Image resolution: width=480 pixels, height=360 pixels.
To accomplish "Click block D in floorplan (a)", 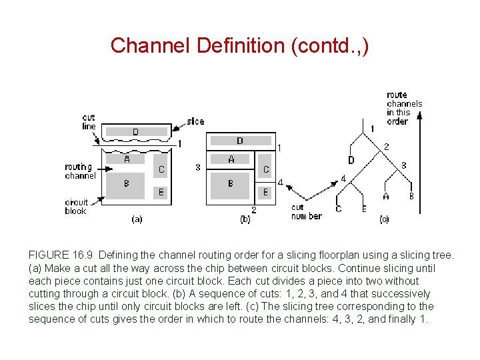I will pyautogui.click(x=135, y=132).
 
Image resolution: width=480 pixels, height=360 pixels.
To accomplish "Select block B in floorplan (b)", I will pyautogui.click(x=230, y=183).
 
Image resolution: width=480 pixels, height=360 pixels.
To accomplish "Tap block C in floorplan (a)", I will pyautogui.click(x=161, y=169).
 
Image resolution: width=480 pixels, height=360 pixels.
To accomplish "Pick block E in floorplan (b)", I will pyautogui.click(x=265, y=192).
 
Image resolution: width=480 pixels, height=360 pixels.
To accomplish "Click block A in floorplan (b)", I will pyautogui.click(x=231, y=159).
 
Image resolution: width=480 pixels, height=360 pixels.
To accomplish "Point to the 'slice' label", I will pyautogui.click(x=195, y=121).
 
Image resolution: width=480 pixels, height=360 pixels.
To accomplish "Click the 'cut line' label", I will pyautogui.click(x=89, y=122).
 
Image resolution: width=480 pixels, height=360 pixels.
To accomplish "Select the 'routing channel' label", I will pyautogui.click(x=80, y=171).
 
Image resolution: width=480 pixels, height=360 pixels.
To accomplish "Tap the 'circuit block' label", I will pyautogui.click(x=76, y=207).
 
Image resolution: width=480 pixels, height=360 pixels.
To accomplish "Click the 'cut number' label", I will pyautogui.click(x=306, y=212).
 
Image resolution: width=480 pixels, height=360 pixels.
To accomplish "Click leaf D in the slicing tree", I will pyautogui.click(x=351, y=160).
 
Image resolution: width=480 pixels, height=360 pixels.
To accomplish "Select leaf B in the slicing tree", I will pyautogui.click(x=411, y=196).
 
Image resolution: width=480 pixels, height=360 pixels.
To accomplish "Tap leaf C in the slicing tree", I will pyautogui.click(x=338, y=209).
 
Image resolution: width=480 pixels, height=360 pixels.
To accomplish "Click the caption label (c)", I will pyautogui.click(x=384, y=219).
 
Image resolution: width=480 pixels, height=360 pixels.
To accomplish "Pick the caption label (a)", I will pyautogui.click(x=136, y=219).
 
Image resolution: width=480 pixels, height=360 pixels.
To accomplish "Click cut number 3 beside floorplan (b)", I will pyautogui.click(x=198, y=167).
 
